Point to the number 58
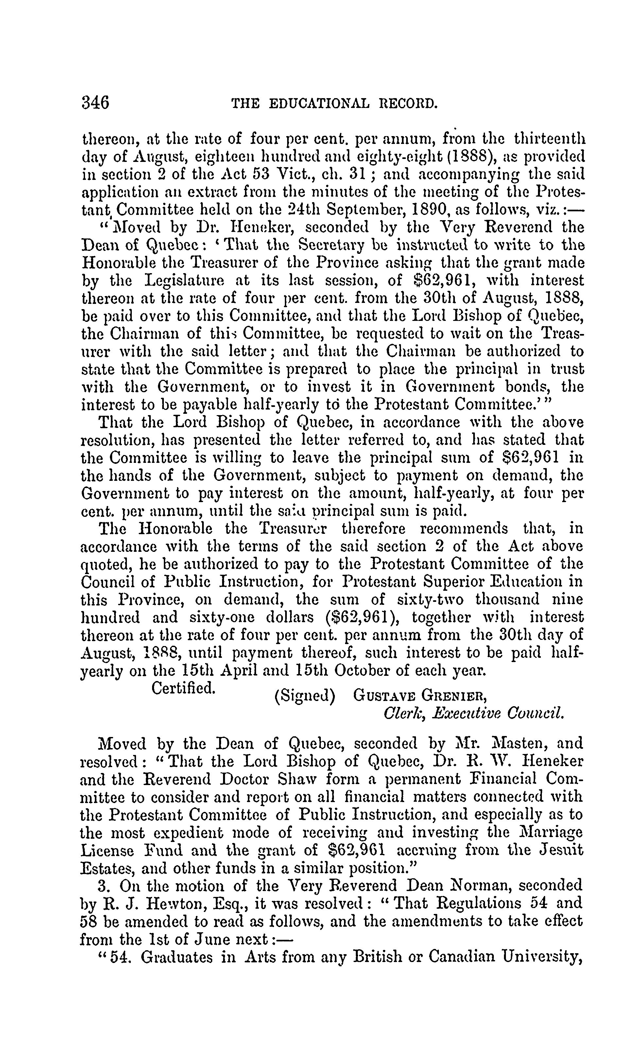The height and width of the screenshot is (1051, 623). point(89,921)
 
